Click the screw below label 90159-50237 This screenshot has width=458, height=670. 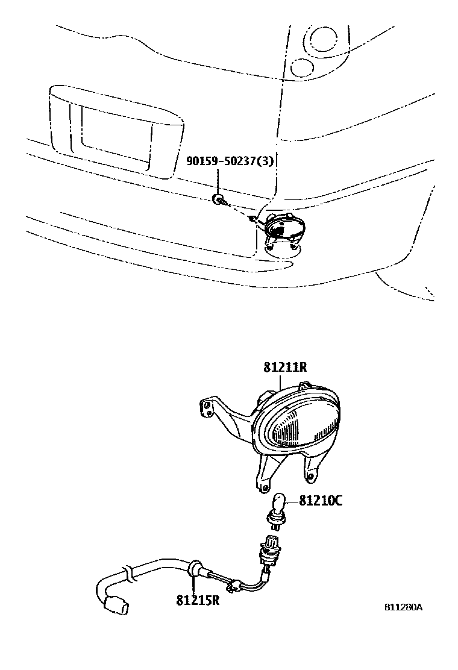click(219, 199)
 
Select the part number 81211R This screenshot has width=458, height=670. click(286, 368)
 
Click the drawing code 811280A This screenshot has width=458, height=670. click(403, 607)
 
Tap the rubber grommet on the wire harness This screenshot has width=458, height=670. click(195, 568)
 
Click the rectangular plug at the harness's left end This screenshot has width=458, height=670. click(116, 604)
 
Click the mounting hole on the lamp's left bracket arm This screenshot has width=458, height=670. click(207, 407)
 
